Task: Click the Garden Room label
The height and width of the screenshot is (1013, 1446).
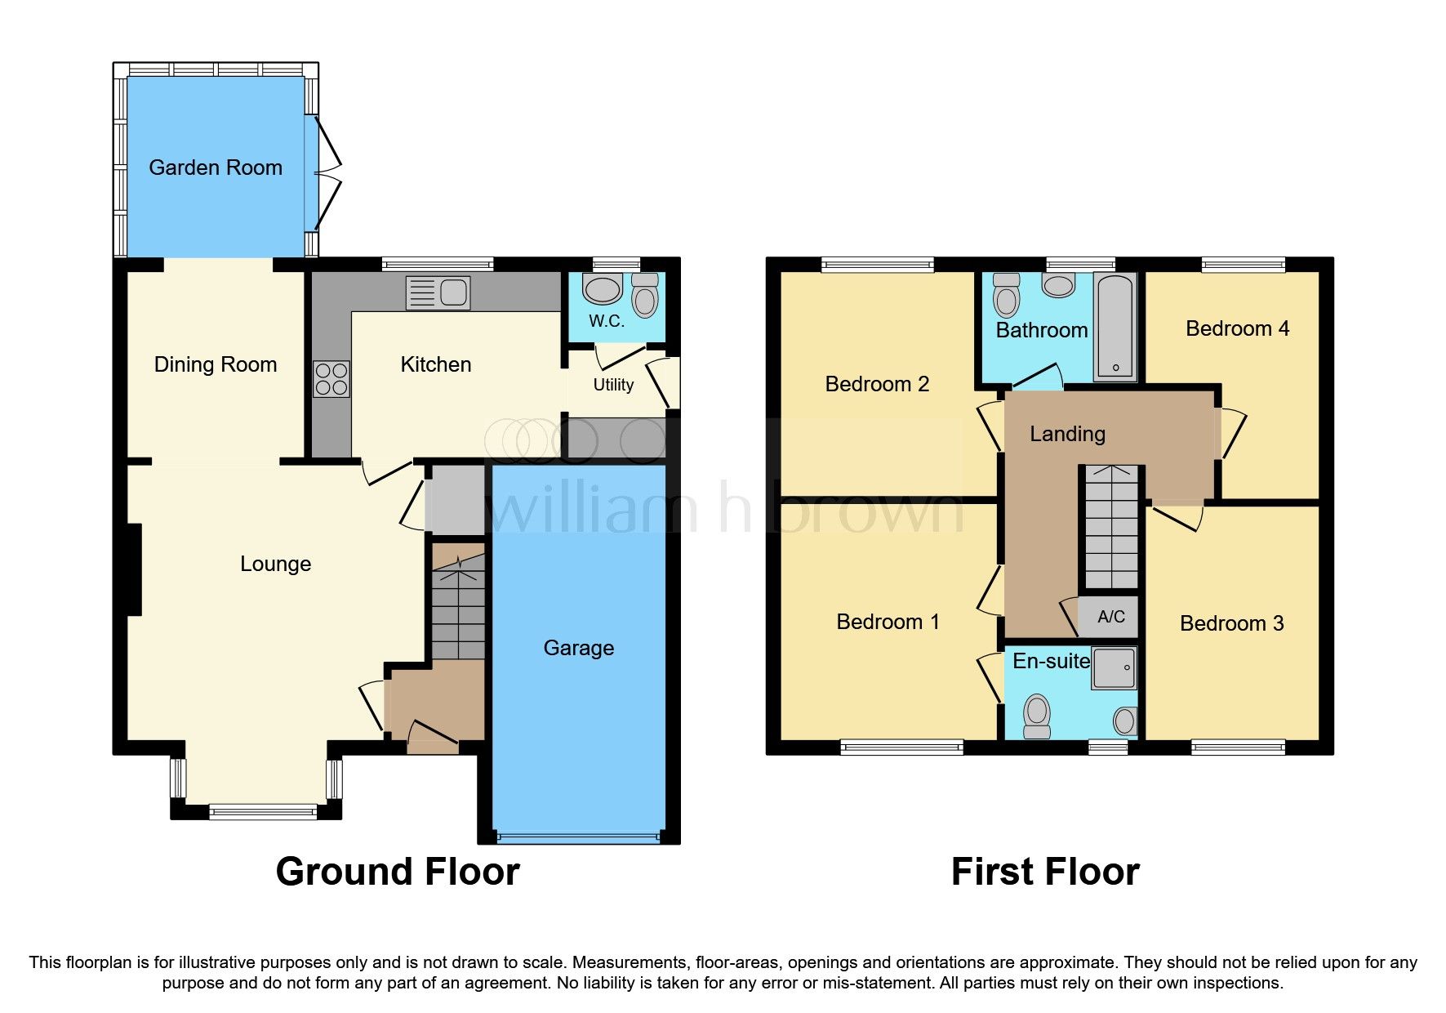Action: point(216,167)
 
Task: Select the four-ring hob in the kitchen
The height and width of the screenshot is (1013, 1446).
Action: point(331,379)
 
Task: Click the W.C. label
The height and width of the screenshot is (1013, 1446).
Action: point(607,321)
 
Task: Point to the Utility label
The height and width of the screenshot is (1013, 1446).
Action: point(613,385)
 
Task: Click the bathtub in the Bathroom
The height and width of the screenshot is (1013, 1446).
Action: point(1115,327)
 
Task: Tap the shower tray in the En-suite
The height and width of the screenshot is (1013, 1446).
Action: point(1115,668)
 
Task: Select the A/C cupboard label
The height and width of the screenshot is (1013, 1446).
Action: point(1111,617)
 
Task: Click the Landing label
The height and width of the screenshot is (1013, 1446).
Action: point(1067,434)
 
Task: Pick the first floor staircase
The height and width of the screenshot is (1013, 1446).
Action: point(1110,527)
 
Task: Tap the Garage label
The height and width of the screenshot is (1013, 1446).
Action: point(579,648)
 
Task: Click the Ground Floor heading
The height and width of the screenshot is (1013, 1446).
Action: point(398,872)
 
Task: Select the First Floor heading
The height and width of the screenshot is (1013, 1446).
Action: point(1045,872)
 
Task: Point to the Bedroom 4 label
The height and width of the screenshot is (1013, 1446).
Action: point(1237,328)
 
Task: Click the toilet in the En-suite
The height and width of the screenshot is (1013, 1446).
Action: point(1037,716)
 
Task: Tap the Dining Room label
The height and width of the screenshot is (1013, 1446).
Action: point(216,364)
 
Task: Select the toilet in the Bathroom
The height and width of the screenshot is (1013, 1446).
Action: point(1007,295)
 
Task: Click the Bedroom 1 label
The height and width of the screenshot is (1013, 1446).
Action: point(888,622)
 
